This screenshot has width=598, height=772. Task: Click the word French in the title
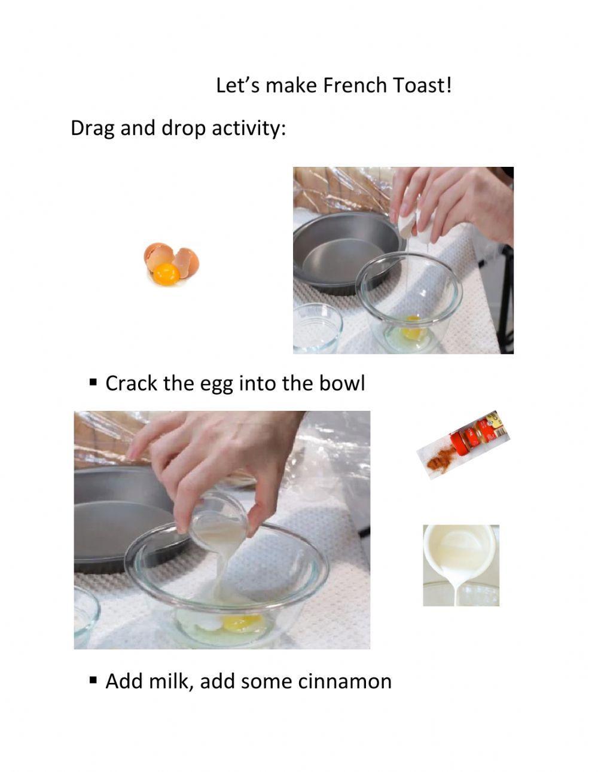[355, 86]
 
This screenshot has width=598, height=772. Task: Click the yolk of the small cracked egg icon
[166, 274]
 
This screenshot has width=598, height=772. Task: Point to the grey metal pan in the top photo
[341, 251]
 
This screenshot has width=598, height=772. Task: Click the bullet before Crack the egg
[93, 381]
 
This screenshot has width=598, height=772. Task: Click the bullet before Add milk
[93, 679]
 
